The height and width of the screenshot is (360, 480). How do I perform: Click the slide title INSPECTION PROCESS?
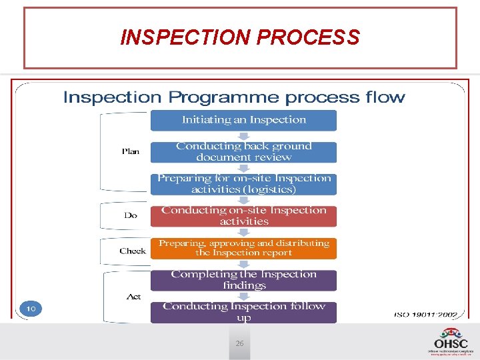coord(240,37)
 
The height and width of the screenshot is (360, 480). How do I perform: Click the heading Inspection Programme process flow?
coord(234,97)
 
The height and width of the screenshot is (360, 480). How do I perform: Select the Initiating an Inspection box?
coord(243,120)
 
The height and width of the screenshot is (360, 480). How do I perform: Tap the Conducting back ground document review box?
coord(243,151)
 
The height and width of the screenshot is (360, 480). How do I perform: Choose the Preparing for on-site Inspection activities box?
coord(243,184)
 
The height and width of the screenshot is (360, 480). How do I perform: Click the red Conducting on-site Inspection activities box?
coord(243,215)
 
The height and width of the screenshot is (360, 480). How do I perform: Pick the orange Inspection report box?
coord(243,248)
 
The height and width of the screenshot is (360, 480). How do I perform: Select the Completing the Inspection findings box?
coord(243,280)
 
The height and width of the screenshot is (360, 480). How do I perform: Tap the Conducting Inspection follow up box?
coord(243,312)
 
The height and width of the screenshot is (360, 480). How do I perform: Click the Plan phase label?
coord(131,151)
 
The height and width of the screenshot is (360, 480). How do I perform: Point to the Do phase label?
coord(131,215)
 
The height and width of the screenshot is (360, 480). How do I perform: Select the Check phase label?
coord(133,251)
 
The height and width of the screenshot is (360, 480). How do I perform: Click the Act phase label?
coord(133,296)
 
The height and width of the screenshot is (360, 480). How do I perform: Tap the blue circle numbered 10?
coord(31,309)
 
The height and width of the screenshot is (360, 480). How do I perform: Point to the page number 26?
coord(239,343)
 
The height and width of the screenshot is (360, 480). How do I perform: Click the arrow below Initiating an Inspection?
coord(243,136)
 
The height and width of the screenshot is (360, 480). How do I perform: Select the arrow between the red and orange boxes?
coord(243,232)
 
